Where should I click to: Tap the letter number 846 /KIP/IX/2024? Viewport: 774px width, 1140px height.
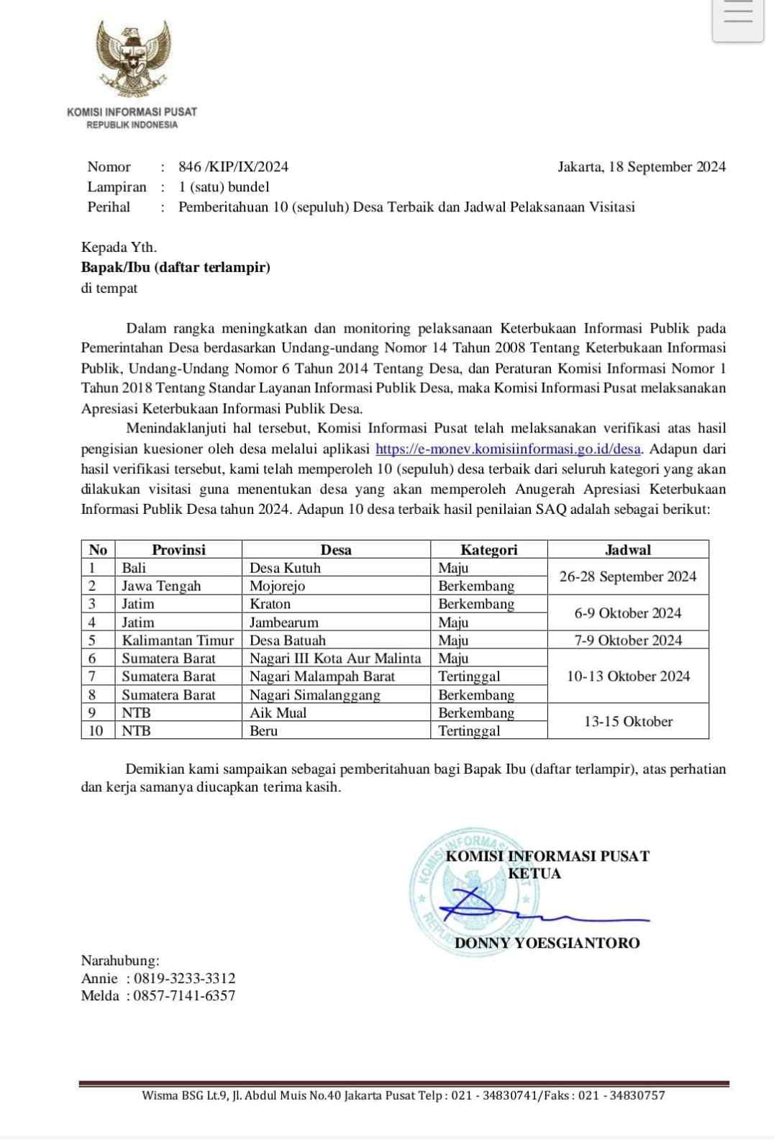click(x=233, y=167)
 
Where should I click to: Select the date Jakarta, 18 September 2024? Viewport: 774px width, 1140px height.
click(x=642, y=167)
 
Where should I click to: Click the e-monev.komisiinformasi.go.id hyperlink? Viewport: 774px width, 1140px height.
click(x=508, y=449)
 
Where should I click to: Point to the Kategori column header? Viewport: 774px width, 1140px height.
click(x=488, y=550)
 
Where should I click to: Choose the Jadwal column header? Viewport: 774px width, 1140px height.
click(x=628, y=550)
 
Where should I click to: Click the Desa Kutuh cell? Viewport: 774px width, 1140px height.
click(x=286, y=568)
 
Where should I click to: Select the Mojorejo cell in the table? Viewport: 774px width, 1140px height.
click(x=278, y=586)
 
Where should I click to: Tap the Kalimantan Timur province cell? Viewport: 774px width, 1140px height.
click(x=178, y=641)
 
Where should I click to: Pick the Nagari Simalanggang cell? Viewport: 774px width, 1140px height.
click(x=314, y=695)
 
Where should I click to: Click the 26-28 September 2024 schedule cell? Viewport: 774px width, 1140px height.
click(x=628, y=576)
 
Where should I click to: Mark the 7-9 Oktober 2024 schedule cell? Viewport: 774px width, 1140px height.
click(x=628, y=641)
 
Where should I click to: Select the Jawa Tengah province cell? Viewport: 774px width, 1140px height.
click(x=161, y=586)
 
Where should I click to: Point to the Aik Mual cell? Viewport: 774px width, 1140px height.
click(x=278, y=713)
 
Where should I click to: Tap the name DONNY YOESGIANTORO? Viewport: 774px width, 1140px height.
click(x=547, y=943)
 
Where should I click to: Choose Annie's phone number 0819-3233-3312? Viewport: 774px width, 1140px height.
click(x=184, y=979)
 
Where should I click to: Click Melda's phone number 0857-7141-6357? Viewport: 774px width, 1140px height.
click(x=184, y=996)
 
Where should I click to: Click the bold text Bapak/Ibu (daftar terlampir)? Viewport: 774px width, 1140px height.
click(x=176, y=268)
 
